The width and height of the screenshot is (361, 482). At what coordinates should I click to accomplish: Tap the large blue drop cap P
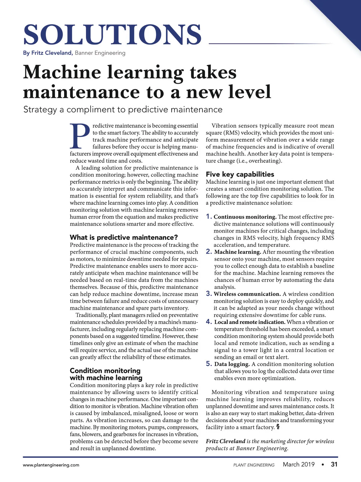pyautogui.click(x=80, y=136)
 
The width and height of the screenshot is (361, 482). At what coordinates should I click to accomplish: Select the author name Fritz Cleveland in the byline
pyautogui.click(x=48, y=53)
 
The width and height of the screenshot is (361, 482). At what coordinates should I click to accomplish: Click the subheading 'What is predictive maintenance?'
pyautogui.click(x=124, y=237)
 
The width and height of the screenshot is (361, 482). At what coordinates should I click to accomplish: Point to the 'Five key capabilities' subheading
pyautogui.click(x=240, y=174)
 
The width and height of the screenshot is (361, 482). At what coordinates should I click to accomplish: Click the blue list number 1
pyautogui.click(x=209, y=217)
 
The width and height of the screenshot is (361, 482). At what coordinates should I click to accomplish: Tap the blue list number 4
pyautogui.click(x=209, y=322)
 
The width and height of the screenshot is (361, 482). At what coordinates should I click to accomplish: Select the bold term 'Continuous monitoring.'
pyautogui.click(x=245, y=217)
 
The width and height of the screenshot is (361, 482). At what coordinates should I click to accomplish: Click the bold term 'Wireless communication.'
pyautogui.click(x=247, y=294)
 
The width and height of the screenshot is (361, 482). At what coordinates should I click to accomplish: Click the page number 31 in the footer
pyautogui.click(x=334, y=465)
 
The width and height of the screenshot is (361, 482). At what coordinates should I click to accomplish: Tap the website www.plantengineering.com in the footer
pyautogui.click(x=51, y=465)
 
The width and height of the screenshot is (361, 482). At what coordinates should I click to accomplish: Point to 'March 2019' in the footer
pyautogui.click(x=299, y=465)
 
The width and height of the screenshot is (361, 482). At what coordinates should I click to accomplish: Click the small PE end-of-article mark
pyautogui.click(x=278, y=427)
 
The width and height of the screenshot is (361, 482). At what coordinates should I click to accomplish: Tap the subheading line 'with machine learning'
pyautogui.click(x=106, y=378)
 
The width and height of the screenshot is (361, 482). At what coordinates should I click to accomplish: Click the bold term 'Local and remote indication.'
pyautogui.click(x=250, y=322)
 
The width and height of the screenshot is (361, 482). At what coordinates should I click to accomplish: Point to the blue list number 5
pyautogui.click(x=209, y=364)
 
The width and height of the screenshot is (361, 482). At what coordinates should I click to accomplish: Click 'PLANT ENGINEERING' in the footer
pyautogui.click(x=254, y=465)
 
